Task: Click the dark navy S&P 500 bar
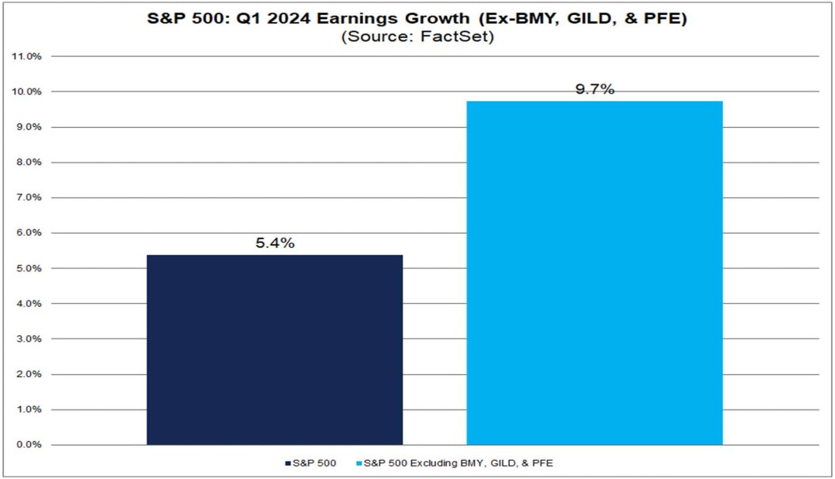pos(275,350)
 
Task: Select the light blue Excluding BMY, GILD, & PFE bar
pos(594,273)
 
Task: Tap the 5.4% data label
pos(275,244)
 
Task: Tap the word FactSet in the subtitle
pos(466,37)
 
